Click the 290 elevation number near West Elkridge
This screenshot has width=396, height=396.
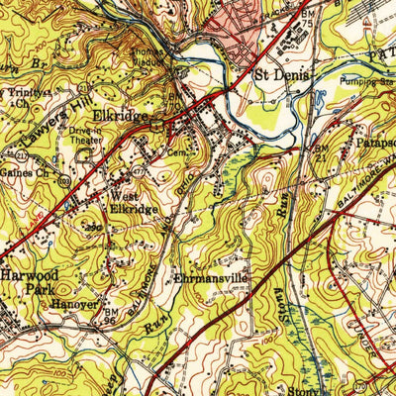tap(120, 227)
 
